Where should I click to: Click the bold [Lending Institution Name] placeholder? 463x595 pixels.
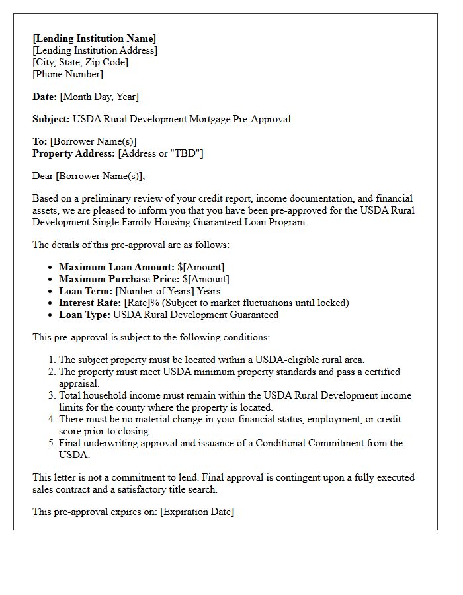point(95,38)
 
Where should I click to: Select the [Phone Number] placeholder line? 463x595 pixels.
point(68,74)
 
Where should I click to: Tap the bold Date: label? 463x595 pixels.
point(45,97)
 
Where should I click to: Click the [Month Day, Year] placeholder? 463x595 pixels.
point(99,97)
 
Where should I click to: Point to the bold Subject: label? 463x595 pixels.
point(51,119)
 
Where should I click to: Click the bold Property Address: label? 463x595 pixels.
point(73,153)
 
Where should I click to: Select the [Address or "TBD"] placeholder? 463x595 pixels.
point(161,153)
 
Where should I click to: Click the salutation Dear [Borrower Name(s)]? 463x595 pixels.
point(89,176)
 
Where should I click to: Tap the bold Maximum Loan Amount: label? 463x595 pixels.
point(117,267)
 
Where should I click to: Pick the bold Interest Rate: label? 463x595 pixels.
point(90,303)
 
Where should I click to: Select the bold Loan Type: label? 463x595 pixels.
point(85,315)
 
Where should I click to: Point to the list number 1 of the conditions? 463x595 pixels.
point(52,360)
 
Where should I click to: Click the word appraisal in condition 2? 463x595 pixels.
point(79,383)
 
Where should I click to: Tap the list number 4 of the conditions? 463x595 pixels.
point(52,419)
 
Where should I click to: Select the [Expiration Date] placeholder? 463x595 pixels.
point(197,512)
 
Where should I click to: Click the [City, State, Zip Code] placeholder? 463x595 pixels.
point(81,62)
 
